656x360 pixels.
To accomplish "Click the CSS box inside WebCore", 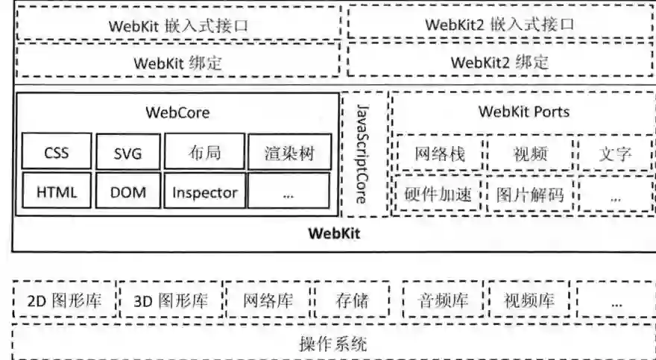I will pos(57,154).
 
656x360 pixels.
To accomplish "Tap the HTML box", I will pos(57,192).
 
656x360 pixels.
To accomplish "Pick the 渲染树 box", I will pos(288,154).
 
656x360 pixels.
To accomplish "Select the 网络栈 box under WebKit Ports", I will pos(439,154).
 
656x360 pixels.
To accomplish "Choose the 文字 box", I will pos(615,154).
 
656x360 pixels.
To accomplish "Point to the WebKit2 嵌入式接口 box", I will pos(500,24).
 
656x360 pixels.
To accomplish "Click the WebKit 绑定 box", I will pos(177,62).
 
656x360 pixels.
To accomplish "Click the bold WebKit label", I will pos(335,233).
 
